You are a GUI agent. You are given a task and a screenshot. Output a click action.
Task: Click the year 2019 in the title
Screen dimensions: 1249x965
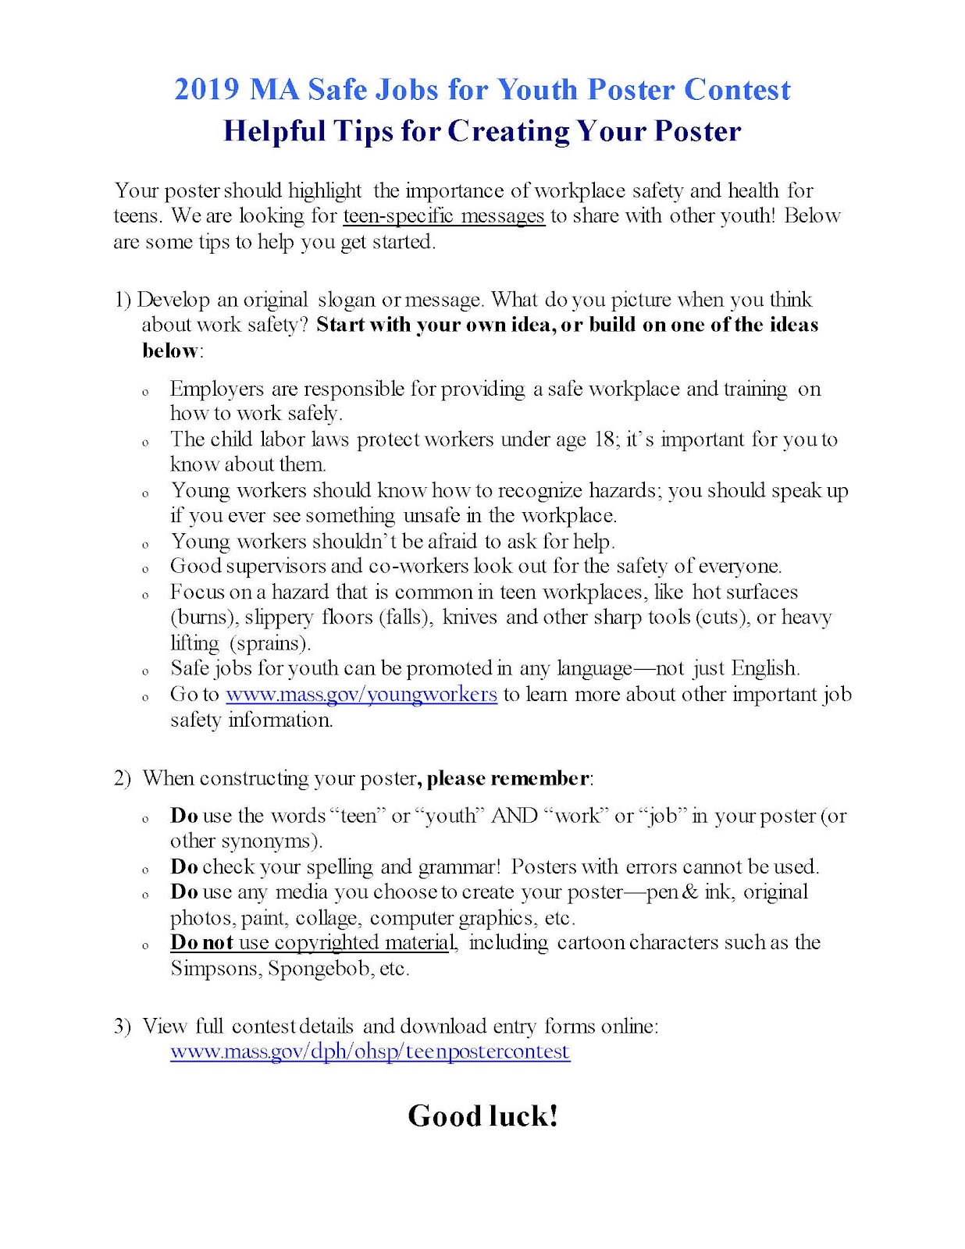(207, 90)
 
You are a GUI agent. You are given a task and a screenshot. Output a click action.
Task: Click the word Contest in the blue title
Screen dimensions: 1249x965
(737, 90)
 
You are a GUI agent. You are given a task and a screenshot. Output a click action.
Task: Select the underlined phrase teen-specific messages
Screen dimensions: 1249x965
(443, 215)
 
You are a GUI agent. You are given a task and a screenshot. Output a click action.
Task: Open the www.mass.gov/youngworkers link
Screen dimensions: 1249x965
(361, 694)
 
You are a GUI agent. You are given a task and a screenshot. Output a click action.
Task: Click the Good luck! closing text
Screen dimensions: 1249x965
(482, 1116)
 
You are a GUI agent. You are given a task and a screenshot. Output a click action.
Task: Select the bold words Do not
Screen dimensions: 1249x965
(202, 942)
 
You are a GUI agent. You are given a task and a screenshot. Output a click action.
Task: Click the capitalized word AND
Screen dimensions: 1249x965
(515, 816)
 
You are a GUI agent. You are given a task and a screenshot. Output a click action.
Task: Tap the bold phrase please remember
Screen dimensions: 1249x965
(508, 778)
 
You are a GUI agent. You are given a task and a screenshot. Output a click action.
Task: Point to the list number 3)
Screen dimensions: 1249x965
(122, 1026)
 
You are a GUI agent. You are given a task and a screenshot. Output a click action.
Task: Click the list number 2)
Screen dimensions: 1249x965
(122, 778)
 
